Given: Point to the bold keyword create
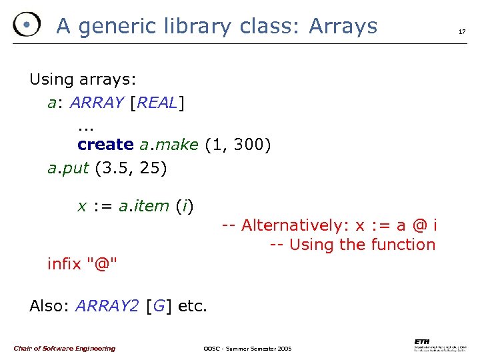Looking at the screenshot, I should click(105, 145).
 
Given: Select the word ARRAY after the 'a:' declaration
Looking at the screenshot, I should click(97, 103).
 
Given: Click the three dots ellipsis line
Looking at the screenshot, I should click(85, 125).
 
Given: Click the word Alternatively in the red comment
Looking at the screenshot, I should click(297, 225).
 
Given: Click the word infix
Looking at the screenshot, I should click(64, 264).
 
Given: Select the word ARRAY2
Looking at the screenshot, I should click(107, 306).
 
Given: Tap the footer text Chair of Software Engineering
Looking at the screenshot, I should click(64, 348).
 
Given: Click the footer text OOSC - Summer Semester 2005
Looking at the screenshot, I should click(247, 349).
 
